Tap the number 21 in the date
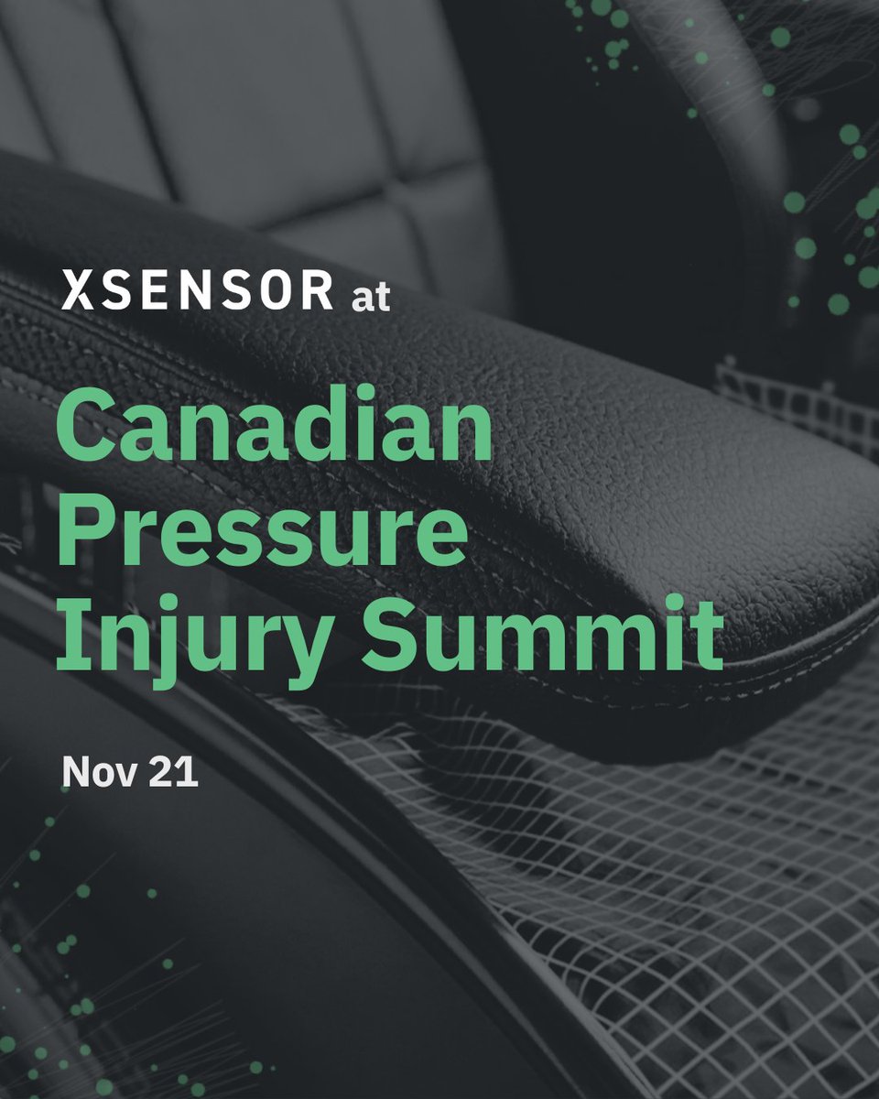(173, 772)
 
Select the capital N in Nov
(75, 772)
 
